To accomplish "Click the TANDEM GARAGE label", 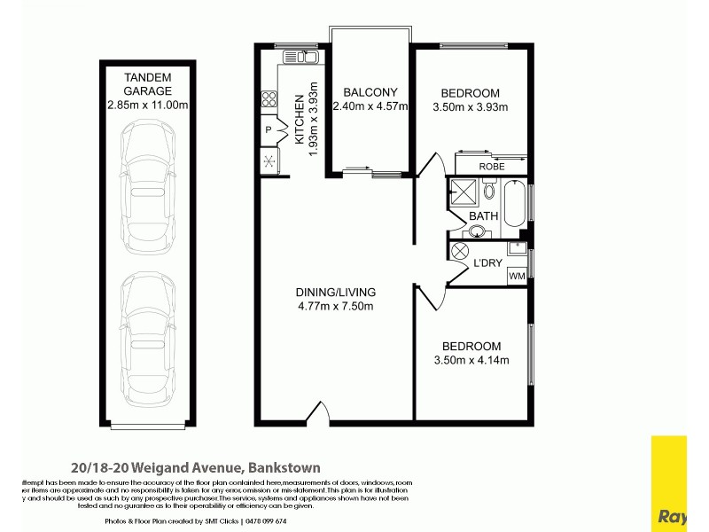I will point(147,83).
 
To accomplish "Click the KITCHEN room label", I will point(300,124).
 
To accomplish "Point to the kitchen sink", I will point(301,58).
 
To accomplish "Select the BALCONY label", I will point(370,92).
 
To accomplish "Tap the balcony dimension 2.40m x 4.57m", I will point(370,107).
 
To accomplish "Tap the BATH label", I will point(483,216).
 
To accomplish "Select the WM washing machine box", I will point(516,277).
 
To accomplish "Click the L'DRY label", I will point(487,263).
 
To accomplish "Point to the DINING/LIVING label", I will point(336,292).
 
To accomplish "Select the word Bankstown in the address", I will point(284,467).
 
